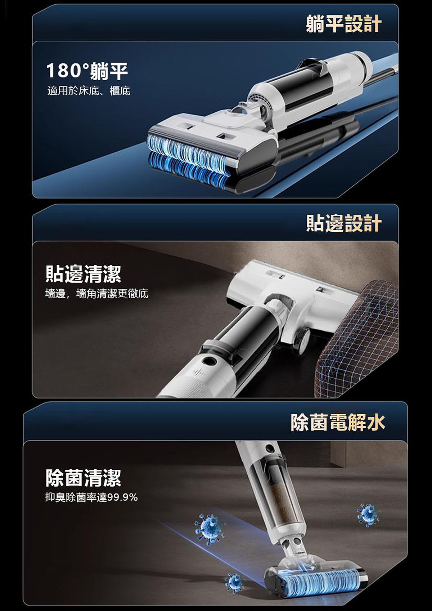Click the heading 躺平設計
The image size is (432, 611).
343,24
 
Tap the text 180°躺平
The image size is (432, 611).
87,71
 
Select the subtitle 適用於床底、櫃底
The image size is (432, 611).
89,91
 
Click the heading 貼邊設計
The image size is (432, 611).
343,223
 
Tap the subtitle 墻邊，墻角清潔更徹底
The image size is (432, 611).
97,294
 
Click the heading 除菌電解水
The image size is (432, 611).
338,422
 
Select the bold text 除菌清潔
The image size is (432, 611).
84,478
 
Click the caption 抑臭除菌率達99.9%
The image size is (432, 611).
91,497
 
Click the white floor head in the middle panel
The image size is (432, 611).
292,297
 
